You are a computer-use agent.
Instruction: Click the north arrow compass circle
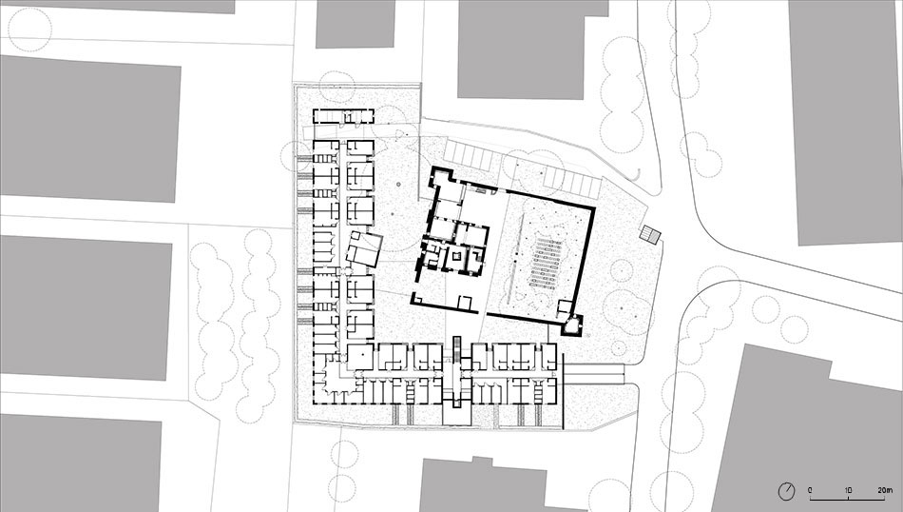tap(786, 492)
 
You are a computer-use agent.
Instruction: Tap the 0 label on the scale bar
tap(810, 490)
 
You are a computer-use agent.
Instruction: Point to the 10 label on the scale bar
tap(848, 490)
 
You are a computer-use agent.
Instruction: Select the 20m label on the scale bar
tap(885, 490)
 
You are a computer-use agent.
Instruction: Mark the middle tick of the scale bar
tap(849, 497)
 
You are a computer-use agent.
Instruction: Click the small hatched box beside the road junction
tap(650, 235)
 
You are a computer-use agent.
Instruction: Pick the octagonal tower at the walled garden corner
tap(572, 325)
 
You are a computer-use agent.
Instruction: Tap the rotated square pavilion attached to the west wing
tap(364, 248)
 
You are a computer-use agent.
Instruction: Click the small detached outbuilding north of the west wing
tap(343, 116)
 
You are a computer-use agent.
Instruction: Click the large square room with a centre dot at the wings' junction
tap(361, 358)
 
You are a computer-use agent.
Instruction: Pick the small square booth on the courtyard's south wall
tap(464, 304)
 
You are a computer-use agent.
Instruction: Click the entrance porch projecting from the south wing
tap(457, 415)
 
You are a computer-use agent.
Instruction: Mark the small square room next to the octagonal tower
tap(565, 306)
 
